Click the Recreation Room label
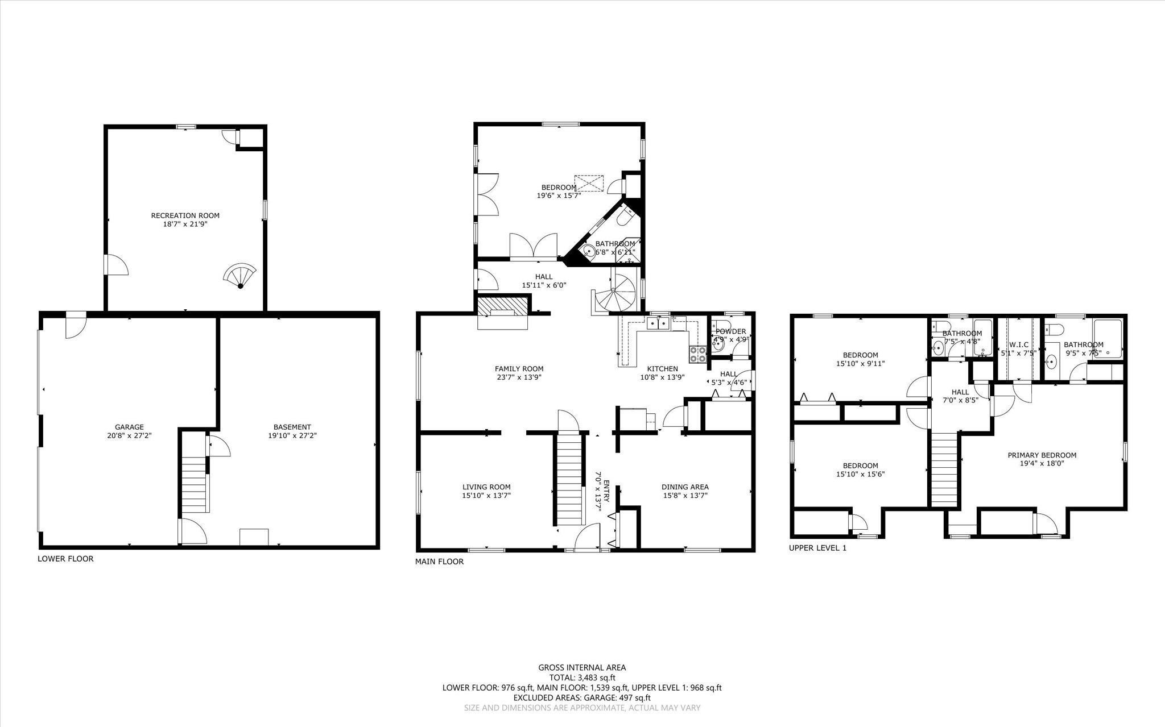pos(185,215)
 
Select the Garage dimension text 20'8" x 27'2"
pos(129,435)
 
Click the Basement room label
pos(292,427)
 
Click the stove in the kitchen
pos(697,354)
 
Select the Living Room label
pos(486,487)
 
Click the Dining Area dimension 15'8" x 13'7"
pos(685,495)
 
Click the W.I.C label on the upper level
pos(1018,344)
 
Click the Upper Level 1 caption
pos(817,549)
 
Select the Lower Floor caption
pos(65,559)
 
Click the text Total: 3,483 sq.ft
pos(582,678)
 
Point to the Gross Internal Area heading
pos(582,668)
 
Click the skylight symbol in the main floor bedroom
pos(588,184)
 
